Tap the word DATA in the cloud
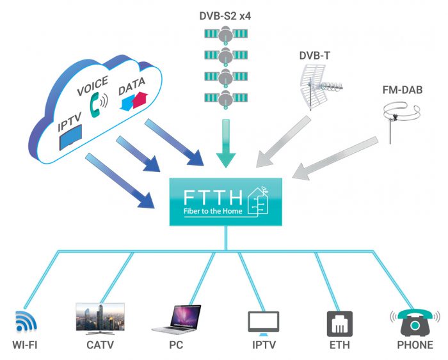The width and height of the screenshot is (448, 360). tap(132, 82)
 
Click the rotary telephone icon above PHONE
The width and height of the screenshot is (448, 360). tap(414, 322)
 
